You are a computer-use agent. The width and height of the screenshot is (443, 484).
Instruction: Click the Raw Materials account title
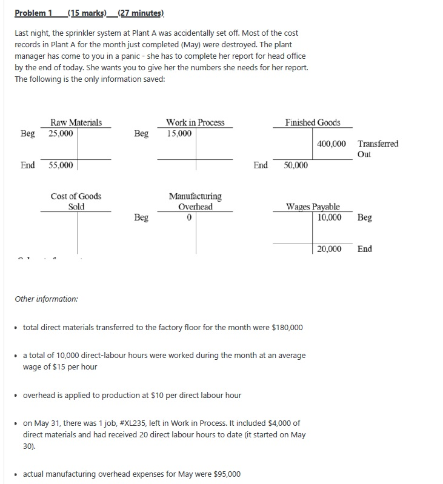pos(76,122)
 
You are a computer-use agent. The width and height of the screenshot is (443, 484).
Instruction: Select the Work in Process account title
pos(195,122)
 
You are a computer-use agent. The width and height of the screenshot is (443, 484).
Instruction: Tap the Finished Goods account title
pos(313,122)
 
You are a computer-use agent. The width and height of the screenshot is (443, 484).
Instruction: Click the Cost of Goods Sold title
pos(76,201)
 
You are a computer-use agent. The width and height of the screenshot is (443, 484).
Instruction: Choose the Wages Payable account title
pos(313,207)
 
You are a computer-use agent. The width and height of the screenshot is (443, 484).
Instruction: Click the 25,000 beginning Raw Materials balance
pos(61,133)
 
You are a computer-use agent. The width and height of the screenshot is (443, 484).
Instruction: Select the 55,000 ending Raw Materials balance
pos(61,165)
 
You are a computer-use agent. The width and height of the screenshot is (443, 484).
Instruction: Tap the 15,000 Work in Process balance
pos(179,133)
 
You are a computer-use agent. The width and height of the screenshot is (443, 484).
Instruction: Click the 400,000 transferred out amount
pos(331,144)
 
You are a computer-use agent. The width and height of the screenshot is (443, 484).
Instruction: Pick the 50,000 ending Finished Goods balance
pos(296,165)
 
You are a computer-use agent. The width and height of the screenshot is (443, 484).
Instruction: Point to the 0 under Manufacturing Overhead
pos(190,217)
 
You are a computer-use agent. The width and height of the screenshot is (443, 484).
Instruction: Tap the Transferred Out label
pos(378,148)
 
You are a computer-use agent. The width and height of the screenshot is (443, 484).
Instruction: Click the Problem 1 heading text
pos(33,13)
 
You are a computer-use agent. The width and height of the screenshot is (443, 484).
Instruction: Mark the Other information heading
pos(46,299)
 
